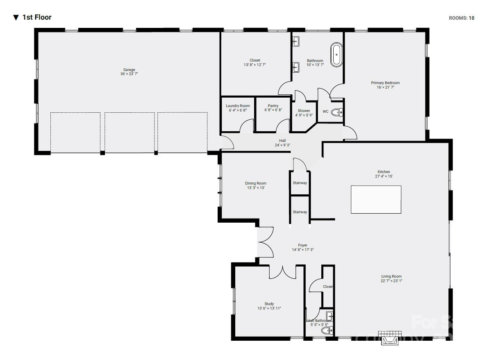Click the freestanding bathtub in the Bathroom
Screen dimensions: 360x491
[336, 55]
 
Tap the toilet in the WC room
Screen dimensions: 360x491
[337, 112]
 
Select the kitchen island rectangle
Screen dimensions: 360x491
[376, 199]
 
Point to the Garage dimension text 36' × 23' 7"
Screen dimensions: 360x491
[129, 74]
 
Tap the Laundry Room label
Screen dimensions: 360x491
[238, 106]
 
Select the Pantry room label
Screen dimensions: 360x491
[273, 106]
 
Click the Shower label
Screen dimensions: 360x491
[304, 111]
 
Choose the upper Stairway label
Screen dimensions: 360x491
[300, 183]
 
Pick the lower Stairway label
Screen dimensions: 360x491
[300, 212]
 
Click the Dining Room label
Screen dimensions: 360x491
[256, 183]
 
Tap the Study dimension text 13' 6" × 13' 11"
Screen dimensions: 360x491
[269, 308]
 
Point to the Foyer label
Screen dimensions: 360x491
[302, 245]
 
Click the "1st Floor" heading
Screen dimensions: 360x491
[37, 17]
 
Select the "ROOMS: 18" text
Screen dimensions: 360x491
[461, 18]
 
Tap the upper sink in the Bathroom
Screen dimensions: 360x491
[296, 42]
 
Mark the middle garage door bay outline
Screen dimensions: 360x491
[130, 132]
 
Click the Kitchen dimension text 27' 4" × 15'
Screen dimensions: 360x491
[384, 176]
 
